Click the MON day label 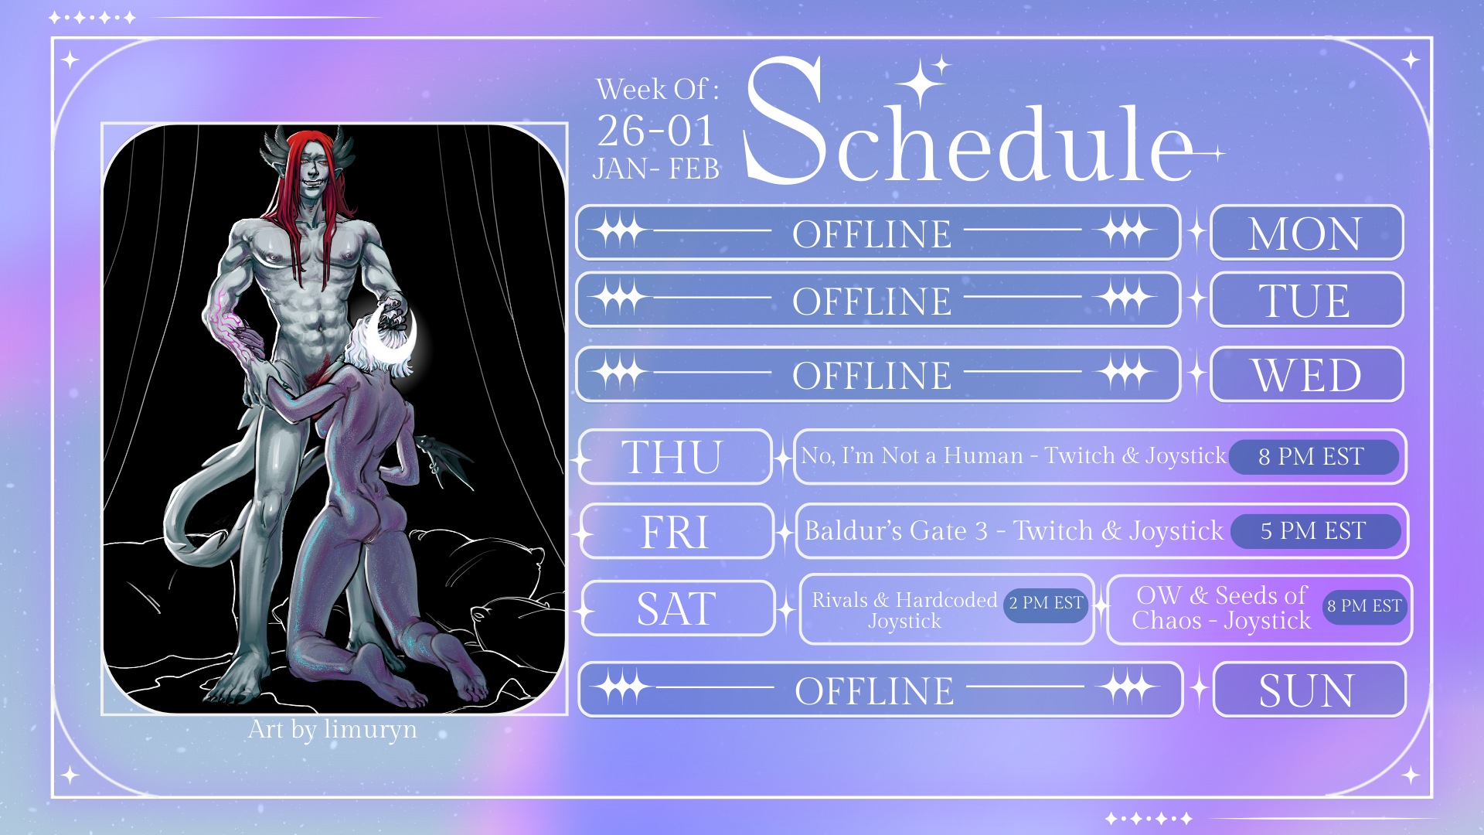coord(1305,233)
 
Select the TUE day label coord(1305,300)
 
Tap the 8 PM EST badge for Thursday coord(1312,456)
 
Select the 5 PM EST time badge coord(1314,531)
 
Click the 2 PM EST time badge coord(1046,603)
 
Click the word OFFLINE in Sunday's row coord(874,690)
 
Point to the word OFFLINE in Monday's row coord(872,233)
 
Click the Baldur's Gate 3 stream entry coord(1014,531)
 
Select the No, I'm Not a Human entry coord(1013,456)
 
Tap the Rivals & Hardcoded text coord(904,600)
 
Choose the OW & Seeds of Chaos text coord(1221,608)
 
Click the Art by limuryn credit coord(332,730)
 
